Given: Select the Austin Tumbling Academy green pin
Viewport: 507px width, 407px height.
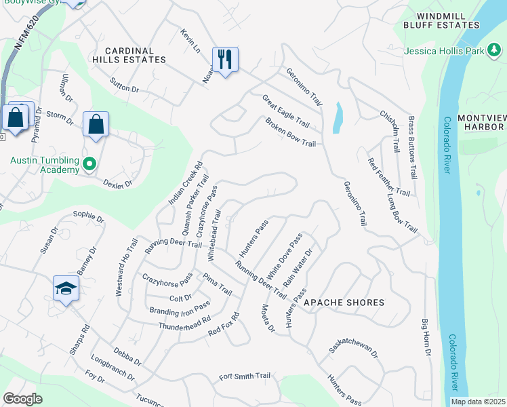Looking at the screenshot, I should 89,163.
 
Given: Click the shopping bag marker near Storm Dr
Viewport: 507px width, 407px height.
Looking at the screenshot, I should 96,125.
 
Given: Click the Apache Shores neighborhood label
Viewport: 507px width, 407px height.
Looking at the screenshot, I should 344,303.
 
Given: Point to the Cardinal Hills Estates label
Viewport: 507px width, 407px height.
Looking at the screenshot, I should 134,55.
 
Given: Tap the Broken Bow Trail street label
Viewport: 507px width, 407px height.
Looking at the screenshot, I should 291,133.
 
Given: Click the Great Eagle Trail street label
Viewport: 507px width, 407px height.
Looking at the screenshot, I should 286,111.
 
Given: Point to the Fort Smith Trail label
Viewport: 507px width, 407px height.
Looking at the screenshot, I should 245,376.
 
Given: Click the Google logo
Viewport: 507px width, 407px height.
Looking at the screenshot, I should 22,398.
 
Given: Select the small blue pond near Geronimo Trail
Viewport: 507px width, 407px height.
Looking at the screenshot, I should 337,119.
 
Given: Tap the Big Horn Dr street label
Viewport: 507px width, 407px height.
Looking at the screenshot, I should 426,337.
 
